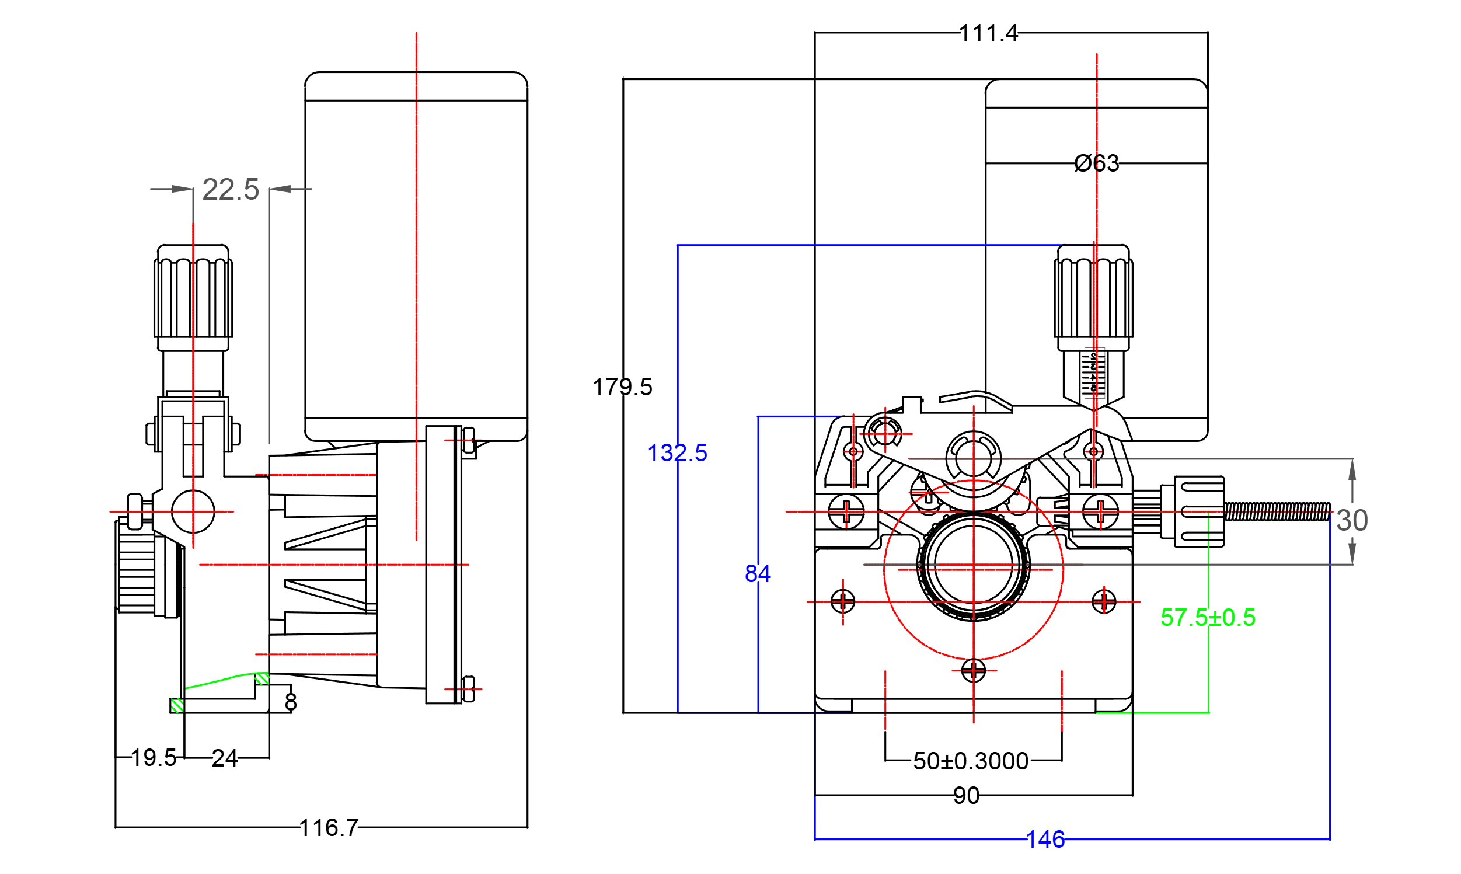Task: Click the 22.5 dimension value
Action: pyautogui.click(x=230, y=190)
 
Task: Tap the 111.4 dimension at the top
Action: pyautogui.click(x=988, y=33)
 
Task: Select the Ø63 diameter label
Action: pyautogui.click(x=1096, y=163)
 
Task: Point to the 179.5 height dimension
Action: pyautogui.click(x=622, y=388)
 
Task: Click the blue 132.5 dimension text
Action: pyautogui.click(x=677, y=453)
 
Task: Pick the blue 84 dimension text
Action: pyautogui.click(x=758, y=574)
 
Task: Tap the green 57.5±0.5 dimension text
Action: pyautogui.click(x=1208, y=618)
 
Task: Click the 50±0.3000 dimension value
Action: pyautogui.click(x=971, y=761)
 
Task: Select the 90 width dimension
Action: pyautogui.click(x=967, y=796)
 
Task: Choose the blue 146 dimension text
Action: pyautogui.click(x=1045, y=840)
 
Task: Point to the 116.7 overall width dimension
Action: pyautogui.click(x=329, y=828)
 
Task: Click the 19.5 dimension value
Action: pyautogui.click(x=153, y=758)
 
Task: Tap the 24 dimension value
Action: pyautogui.click(x=224, y=758)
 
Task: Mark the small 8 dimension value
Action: pyautogui.click(x=290, y=702)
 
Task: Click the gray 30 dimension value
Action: pyautogui.click(x=1352, y=521)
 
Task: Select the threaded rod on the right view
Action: pyautogui.click(x=1277, y=511)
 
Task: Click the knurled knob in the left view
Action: pyautogui.click(x=193, y=297)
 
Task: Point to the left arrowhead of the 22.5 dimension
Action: pyautogui.click(x=182, y=189)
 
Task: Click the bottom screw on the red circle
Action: pyautogui.click(x=973, y=670)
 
